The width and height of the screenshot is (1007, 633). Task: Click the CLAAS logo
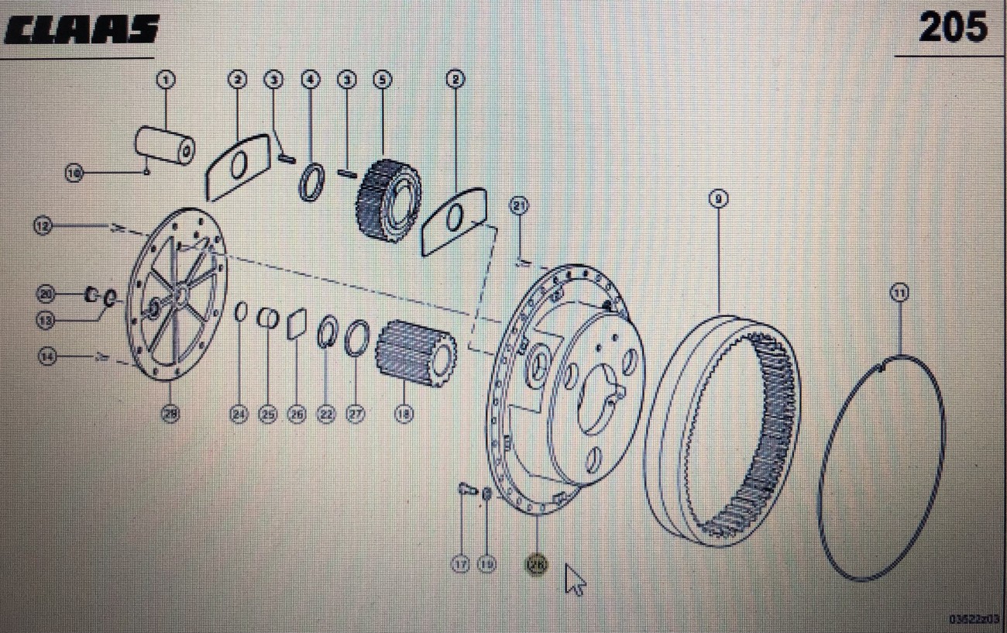tap(81, 30)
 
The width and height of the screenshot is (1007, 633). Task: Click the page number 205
tap(952, 29)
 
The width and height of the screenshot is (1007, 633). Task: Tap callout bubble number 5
tap(382, 79)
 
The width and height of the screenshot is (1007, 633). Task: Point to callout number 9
tap(718, 200)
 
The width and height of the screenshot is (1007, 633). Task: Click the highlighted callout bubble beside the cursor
tap(536, 566)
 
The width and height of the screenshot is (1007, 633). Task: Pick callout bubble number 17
tap(461, 566)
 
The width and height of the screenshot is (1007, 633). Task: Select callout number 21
tap(518, 206)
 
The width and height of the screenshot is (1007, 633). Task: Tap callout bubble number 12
tap(43, 225)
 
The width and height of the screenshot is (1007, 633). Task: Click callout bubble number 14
tap(48, 357)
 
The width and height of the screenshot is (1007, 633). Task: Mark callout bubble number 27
tap(355, 415)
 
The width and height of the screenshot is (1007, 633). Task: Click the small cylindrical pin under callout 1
tap(165, 145)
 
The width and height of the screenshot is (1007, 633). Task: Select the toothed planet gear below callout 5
tap(388, 201)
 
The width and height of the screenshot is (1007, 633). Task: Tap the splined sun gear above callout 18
tap(415, 353)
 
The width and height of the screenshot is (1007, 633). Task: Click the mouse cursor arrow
tap(574, 578)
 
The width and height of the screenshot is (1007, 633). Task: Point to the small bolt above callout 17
tap(465, 489)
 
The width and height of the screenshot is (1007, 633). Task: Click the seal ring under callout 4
tap(311, 183)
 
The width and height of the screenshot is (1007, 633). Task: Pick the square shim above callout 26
tap(297, 324)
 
